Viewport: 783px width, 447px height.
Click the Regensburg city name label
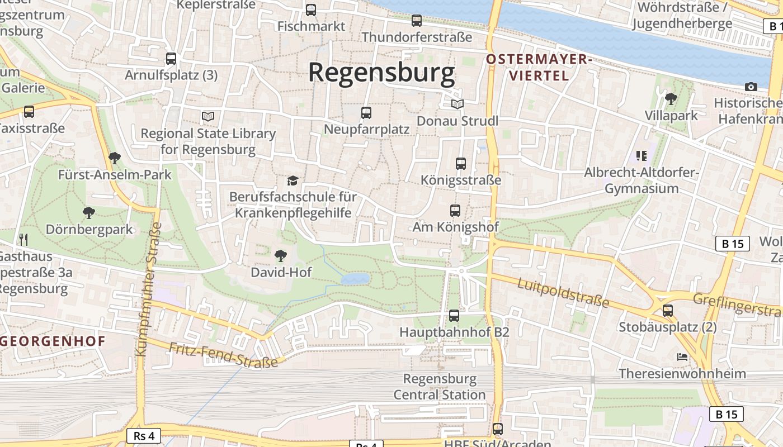pyautogui.click(x=382, y=73)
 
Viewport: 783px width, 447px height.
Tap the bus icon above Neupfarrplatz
pyautogui.click(x=366, y=113)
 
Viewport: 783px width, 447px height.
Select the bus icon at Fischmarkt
pyautogui.click(x=311, y=9)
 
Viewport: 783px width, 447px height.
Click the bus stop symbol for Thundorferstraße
pyautogui.click(x=417, y=21)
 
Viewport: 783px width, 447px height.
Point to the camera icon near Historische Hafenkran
pyautogui.click(x=751, y=87)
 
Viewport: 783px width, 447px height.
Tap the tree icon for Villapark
pyautogui.click(x=671, y=99)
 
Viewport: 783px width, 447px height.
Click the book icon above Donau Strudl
pyautogui.click(x=457, y=104)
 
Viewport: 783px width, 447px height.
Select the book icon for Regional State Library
pyautogui.click(x=208, y=117)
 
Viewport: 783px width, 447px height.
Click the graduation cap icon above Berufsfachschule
pyautogui.click(x=293, y=180)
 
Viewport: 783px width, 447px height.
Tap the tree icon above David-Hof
pyautogui.click(x=281, y=256)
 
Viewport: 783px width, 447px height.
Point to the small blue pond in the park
pyautogui.click(x=356, y=278)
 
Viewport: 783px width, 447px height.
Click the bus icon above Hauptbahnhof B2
pyautogui.click(x=454, y=316)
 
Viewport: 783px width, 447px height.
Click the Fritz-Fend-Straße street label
pyautogui.click(x=223, y=355)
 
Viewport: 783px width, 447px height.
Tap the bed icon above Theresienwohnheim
pyautogui.click(x=682, y=357)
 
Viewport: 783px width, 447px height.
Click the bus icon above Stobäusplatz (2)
pyautogui.click(x=668, y=311)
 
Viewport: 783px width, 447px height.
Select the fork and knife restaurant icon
pyautogui.click(x=23, y=240)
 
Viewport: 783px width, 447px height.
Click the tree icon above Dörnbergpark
pyautogui.click(x=88, y=213)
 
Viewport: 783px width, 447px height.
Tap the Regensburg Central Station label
pyautogui.click(x=440, y=387)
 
